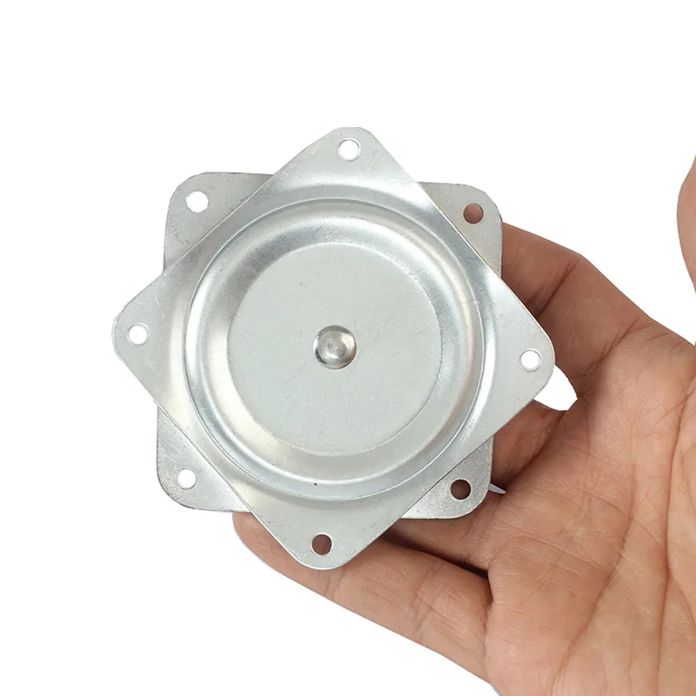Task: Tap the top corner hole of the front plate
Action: (349, 149)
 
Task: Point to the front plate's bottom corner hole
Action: (321, 545)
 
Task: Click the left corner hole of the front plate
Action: (137, 333)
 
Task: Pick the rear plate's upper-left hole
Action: (197, 201)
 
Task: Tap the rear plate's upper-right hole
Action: (473, 212)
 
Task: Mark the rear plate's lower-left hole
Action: (185, 478)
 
